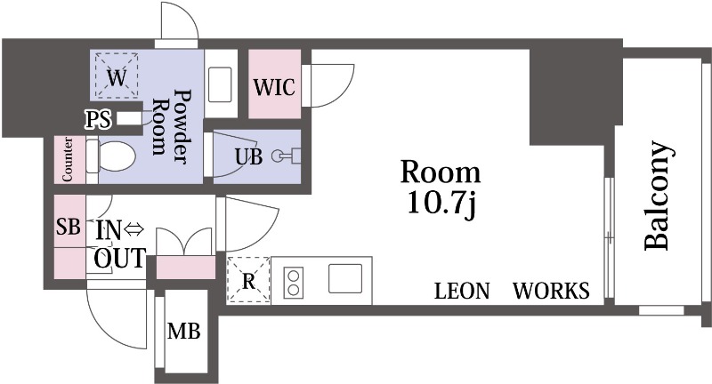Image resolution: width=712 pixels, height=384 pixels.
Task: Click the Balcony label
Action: (x=656, y=196)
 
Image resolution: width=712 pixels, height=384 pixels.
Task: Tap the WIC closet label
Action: (x=272, y=88)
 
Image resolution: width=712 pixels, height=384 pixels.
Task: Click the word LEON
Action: (x=463, y=291)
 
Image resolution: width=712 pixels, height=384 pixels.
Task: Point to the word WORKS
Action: (x=551, y=291)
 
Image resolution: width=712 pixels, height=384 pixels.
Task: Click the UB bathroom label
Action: (x=248, y=156)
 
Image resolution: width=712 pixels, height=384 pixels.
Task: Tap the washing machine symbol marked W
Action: (x=116, y=77)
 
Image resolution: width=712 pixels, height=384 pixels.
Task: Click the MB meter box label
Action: (x=183, y=333)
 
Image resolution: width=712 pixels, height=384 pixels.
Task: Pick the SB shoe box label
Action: (x=68, y=227)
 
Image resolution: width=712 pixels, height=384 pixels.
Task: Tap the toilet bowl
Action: (x=114, y=158)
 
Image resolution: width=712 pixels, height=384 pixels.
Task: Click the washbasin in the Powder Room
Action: (x=222, y=84)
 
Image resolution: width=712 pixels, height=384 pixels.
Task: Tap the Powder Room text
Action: (x=171, y=123)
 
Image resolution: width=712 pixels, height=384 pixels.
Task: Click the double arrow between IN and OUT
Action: (x=133, y=230)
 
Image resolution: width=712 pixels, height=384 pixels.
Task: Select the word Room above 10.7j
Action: (x=440, y=172)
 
